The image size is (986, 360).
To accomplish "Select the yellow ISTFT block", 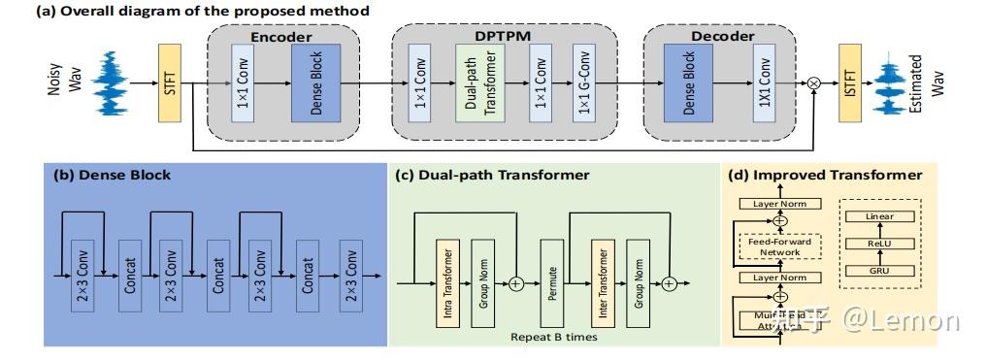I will click(850, 83).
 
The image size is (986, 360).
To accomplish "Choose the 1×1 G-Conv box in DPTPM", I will click(584, 83).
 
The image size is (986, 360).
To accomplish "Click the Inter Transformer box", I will click(602, 282).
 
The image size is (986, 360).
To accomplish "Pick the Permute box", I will click(553, 282).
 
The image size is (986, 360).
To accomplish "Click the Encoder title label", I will click(281, 36).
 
